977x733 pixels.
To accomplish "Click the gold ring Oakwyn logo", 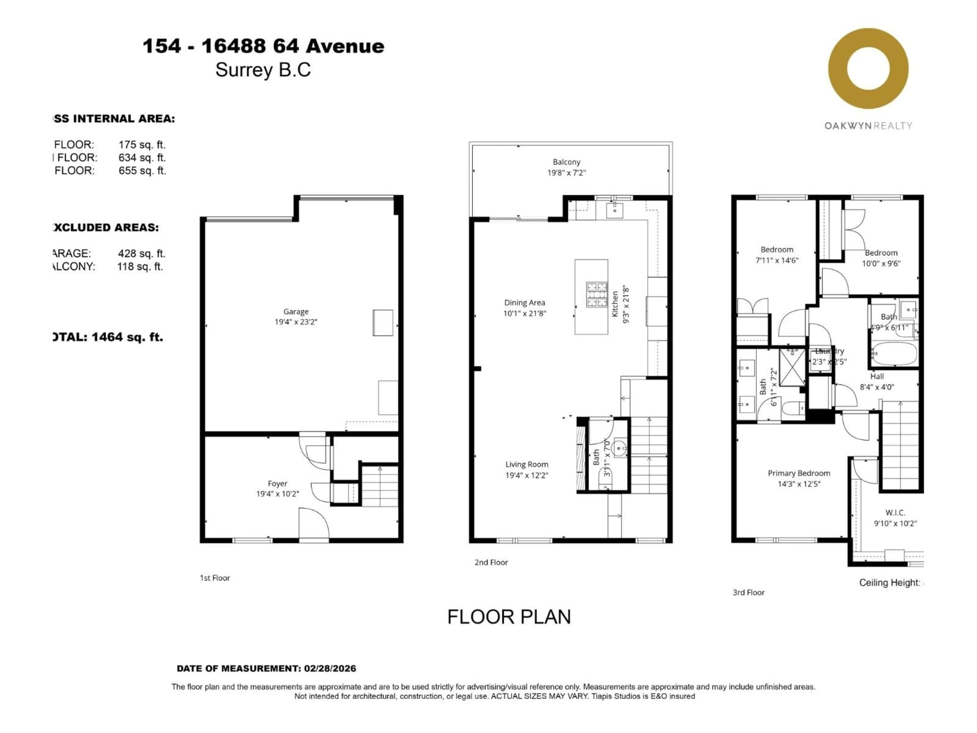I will [x=868, y=68].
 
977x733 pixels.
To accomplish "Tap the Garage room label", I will [x=296, y=312].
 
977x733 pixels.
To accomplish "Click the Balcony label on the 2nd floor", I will [x=566, y=162].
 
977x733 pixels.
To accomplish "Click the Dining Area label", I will [x=524, y=303].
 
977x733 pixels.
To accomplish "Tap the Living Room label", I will [x=526, y=464].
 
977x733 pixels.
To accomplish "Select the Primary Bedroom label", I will [x=799, y=473].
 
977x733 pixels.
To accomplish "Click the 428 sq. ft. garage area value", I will [x=141, y=253].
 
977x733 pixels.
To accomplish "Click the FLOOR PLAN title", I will [x=509, y=617].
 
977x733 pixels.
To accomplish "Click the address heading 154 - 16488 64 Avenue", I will [x=264, y=46].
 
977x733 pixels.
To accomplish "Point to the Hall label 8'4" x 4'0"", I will [x=877, y=382].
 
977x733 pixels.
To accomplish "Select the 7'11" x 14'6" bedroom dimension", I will [x=777, y=260].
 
